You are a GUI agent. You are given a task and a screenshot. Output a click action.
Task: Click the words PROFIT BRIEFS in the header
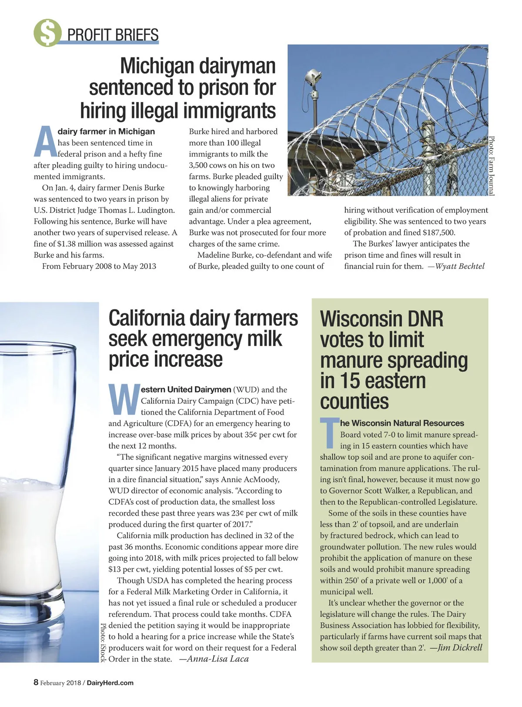(113, 34)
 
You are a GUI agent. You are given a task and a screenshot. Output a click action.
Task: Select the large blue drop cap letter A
(45, 142)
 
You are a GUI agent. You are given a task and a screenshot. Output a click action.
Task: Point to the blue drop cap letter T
(329, 433)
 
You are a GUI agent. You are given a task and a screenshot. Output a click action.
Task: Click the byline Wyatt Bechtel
(460, 266)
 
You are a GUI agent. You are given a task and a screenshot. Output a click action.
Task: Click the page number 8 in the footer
(36, 683)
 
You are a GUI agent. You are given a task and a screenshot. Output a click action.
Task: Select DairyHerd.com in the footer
(110, 683)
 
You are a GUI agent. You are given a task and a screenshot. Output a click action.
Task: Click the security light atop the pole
(311, 77)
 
